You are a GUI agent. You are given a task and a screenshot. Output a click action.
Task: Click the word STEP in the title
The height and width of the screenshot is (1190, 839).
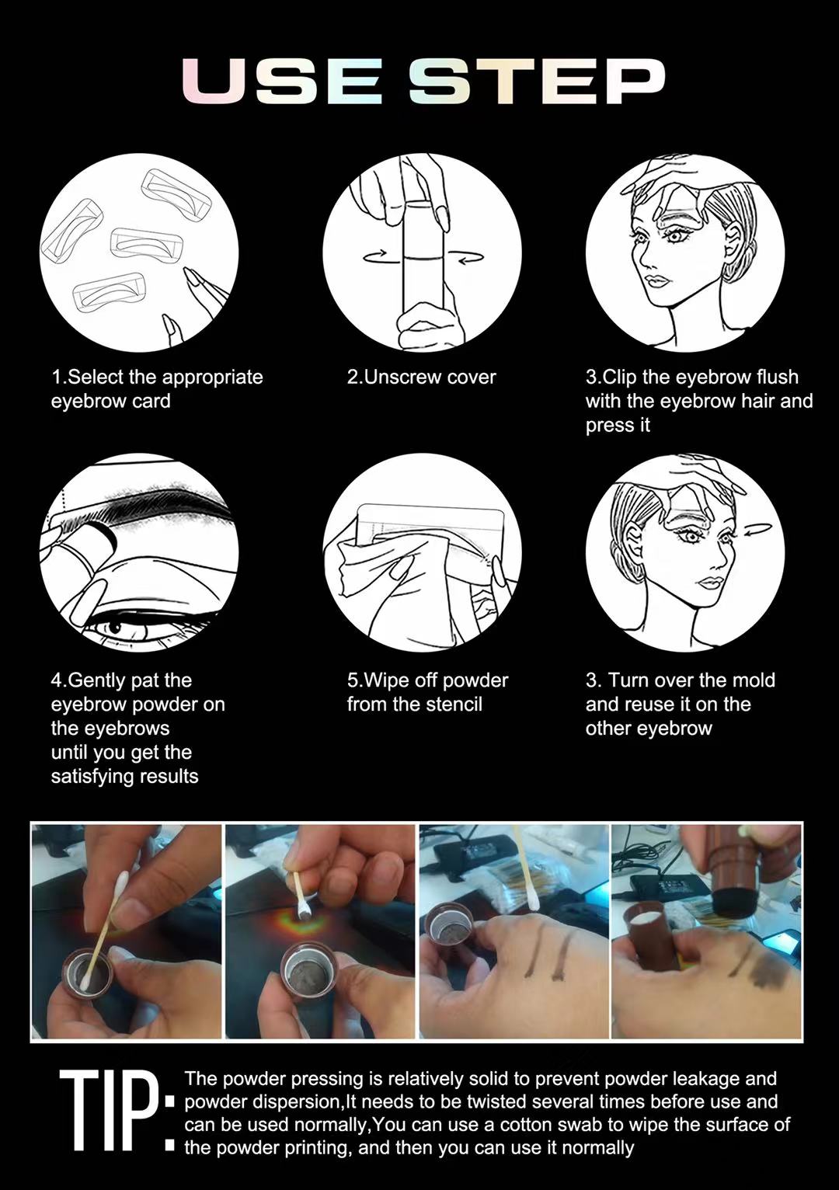click(536, 80)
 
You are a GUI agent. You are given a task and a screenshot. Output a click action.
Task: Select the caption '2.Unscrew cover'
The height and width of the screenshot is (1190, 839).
click(421, 378)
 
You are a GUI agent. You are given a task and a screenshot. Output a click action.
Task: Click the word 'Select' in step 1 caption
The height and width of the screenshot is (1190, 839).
click(96, 378)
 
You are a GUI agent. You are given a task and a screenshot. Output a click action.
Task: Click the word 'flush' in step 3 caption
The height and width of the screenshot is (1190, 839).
click(778, 378)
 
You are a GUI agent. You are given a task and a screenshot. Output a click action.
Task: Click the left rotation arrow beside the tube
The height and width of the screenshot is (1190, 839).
click(376, 257)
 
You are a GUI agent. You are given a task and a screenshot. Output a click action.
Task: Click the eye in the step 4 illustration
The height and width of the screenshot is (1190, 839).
click(117, 625)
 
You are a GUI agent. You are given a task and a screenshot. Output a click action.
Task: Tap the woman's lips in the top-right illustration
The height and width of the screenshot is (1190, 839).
click(656, 281)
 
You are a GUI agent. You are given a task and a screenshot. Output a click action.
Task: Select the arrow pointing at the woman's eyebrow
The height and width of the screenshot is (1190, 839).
click(757, 531)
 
